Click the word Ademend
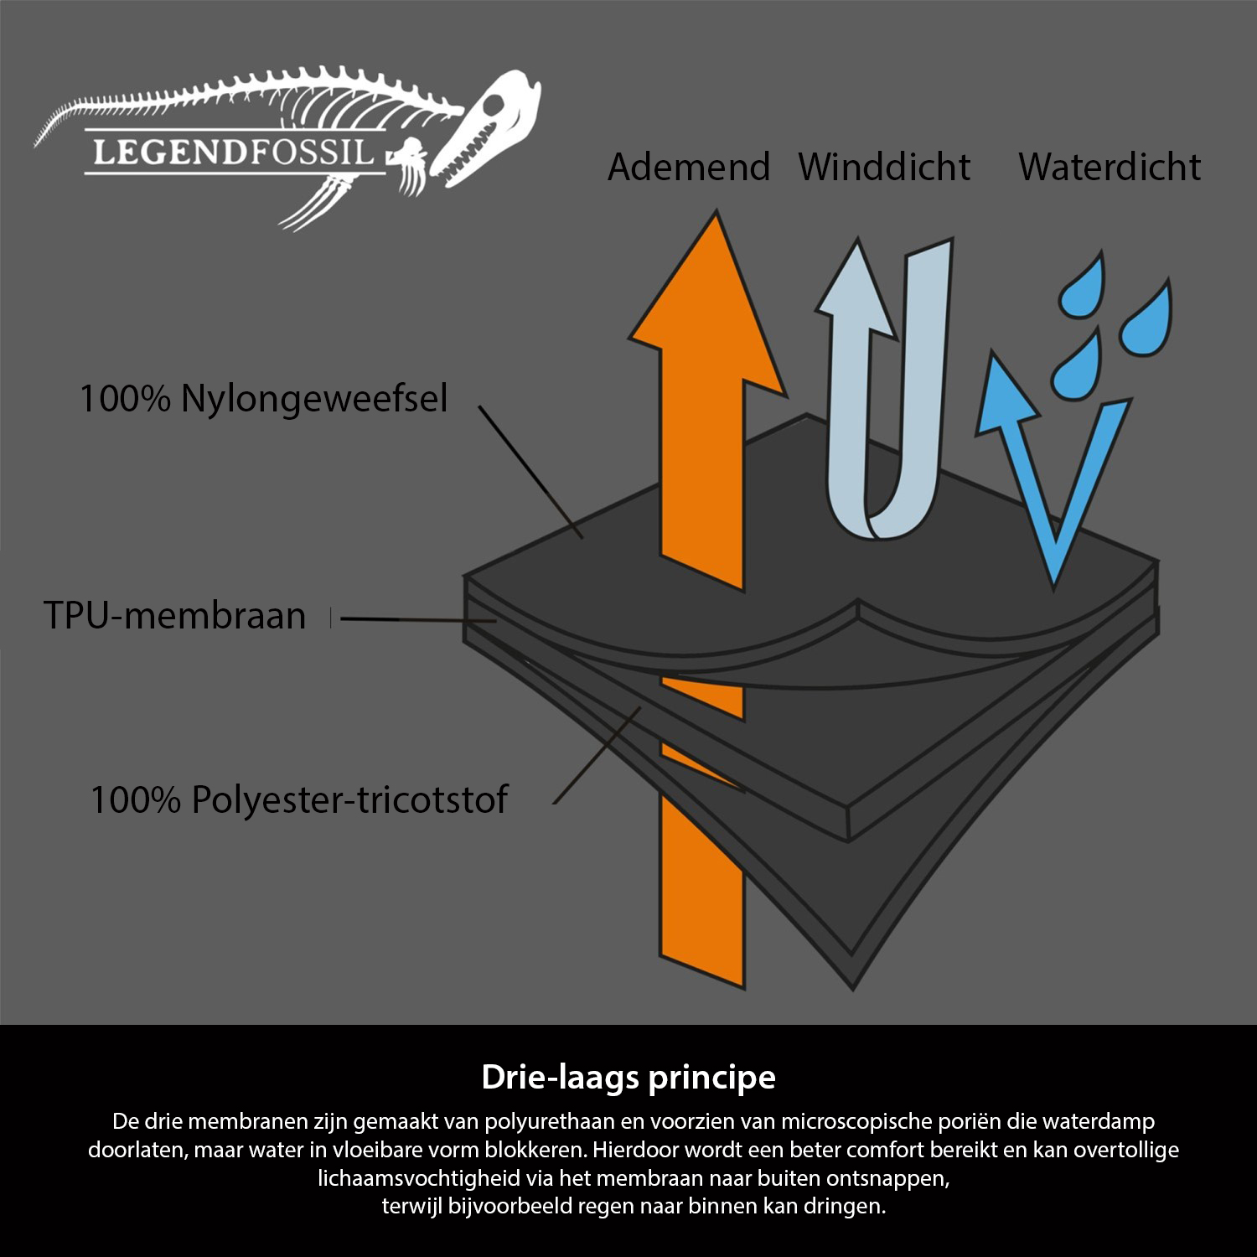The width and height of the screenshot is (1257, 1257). (688, 167)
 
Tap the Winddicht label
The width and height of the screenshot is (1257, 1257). (884, 167)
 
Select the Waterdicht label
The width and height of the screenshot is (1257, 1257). (1109, 167)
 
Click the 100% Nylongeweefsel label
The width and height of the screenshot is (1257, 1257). (263, 398)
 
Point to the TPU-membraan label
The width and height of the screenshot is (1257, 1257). (174, 615)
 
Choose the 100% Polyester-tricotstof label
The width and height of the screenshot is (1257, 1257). (298, 799)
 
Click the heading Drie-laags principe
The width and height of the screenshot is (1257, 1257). (628, 1077)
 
